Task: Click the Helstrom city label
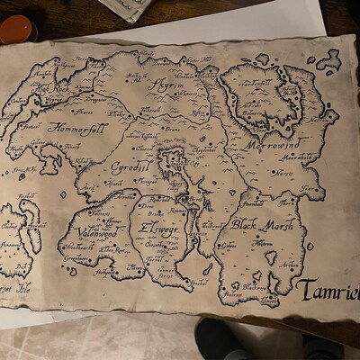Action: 263,243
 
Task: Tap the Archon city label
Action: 290,264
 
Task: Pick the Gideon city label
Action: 229,245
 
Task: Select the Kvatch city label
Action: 115,183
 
